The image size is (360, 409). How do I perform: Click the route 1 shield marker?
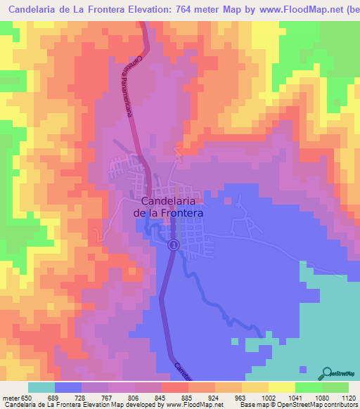[174, 245]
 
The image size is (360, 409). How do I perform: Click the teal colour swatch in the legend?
[41, 387]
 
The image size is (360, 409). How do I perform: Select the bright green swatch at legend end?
[335, 387]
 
